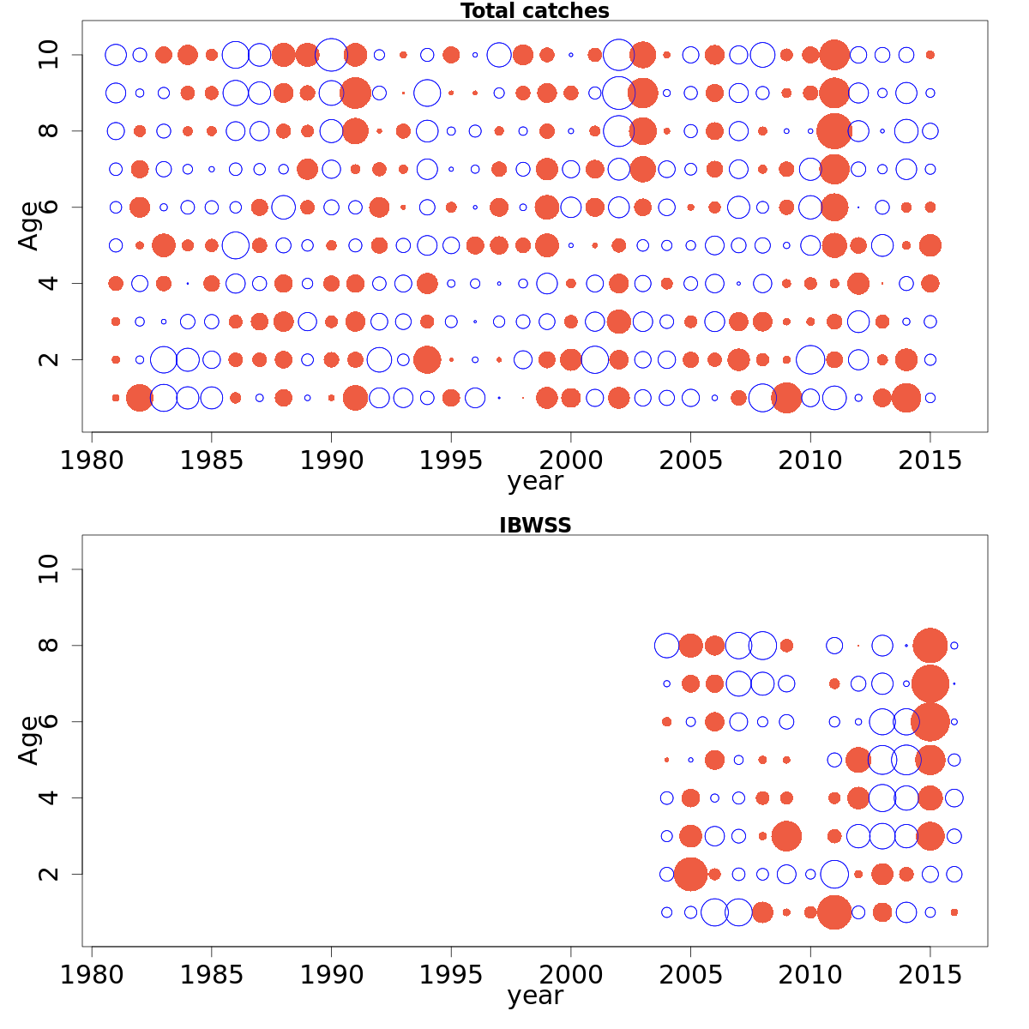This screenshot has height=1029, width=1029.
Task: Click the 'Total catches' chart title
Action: click(534, 11)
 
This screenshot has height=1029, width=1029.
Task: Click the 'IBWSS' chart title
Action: click(534, 526)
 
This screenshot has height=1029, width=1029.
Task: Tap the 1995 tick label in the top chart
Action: click(451, 460)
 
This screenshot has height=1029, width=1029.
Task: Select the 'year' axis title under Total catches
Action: click(534, 481)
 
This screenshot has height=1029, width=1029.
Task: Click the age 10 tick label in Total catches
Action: click(49, 55)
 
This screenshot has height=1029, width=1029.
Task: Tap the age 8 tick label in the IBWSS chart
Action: click(49, 646)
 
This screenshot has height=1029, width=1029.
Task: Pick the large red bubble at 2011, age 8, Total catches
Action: click(833, 131)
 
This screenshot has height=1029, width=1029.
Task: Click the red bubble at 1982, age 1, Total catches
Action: click(140, 398)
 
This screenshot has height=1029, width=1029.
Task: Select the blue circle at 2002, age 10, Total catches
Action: click(618, 55)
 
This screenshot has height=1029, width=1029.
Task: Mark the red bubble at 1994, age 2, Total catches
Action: click(427, 359)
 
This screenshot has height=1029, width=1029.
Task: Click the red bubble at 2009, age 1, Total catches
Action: click(786, 398)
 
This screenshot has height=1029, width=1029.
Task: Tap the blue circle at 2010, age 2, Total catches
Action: click(810, 359)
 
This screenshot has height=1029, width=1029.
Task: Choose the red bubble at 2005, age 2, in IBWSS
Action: click(690, 875)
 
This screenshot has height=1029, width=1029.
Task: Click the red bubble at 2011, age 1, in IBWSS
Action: click(833, 912)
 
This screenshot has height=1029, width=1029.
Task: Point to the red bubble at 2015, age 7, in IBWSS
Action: click(930, 683)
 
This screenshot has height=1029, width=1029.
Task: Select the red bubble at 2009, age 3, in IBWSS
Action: click(786, 836)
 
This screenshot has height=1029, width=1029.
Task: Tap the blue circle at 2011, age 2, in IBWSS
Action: click(834, 875)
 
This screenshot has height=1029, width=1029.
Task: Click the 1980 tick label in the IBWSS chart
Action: click(93, 975)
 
